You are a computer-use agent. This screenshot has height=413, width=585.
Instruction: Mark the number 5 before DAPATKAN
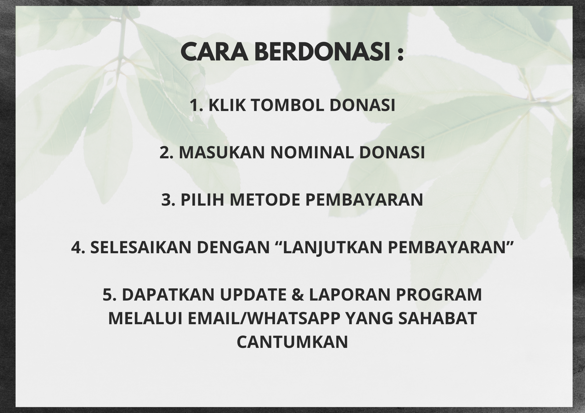(x=107, y=295)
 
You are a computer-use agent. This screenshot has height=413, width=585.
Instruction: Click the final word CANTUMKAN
(x=292, y=342)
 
